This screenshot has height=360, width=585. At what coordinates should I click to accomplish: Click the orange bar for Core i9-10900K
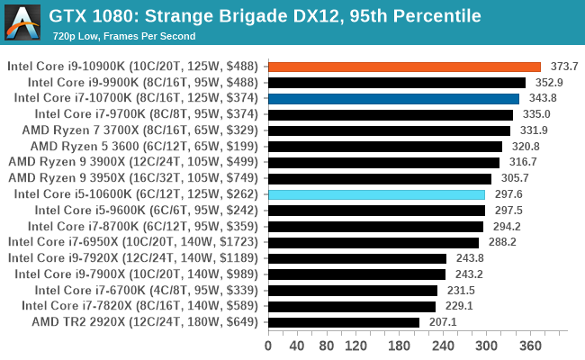404,67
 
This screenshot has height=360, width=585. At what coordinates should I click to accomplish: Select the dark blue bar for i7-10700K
393,98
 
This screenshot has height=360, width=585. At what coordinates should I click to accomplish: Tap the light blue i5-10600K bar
376,194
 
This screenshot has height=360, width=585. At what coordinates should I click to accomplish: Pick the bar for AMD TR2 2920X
343,321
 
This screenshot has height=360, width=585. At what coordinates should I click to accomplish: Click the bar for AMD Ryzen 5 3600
384,146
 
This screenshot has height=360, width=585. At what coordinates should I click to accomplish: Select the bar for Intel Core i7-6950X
373,242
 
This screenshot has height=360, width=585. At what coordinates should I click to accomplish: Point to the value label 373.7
563,67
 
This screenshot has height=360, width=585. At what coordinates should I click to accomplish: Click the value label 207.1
442,321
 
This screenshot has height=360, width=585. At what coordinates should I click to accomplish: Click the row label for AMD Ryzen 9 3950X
133,178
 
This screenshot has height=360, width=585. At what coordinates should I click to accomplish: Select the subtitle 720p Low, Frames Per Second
123,36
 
